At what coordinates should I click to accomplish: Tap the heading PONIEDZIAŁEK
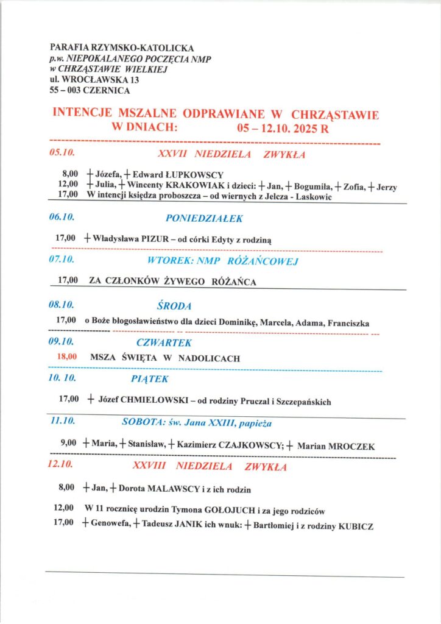point(204,218)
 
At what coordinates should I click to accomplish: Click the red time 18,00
point(67,357)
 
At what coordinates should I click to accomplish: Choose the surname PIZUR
point(155,240)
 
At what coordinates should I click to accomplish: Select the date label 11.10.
point(62,421)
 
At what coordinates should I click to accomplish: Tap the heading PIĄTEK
point(149,379)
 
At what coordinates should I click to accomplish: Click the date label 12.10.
point(61,467)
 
